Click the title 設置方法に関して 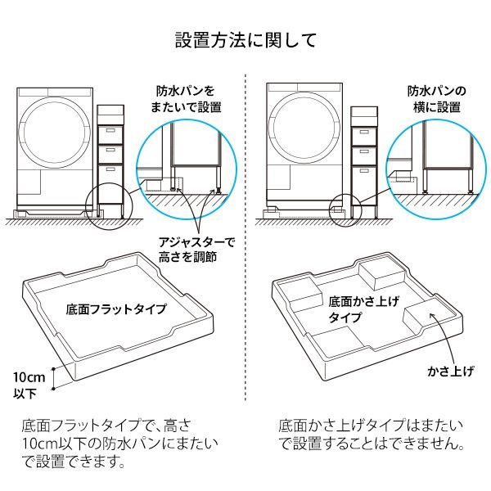pyautogui.click(x=245, y=40)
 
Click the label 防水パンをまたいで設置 pyautogui.click(x=187, y=99)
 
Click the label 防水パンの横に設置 pyautogui.click(x=437, y=99)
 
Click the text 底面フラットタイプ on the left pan pyautogui.click(x=115, y=309)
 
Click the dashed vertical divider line pyautogui.click(x=245, y=245)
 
